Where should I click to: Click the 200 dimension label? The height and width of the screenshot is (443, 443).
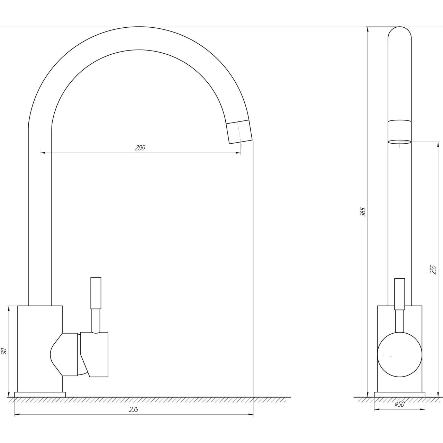pos(140,147)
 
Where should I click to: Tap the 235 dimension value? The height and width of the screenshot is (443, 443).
pos(134,409)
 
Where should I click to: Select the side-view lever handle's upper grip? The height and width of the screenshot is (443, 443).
pos(96,293)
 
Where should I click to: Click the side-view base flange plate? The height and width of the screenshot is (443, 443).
pos(40,395)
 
